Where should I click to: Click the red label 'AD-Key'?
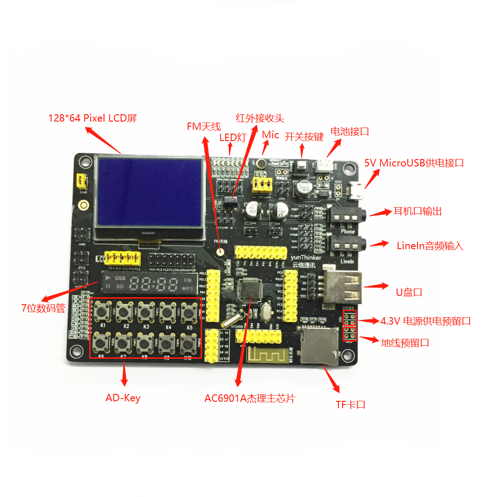(123, 398)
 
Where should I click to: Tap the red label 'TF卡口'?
(350, 405)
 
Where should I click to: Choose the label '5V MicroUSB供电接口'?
(414, 163)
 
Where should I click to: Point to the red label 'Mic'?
(270, 135)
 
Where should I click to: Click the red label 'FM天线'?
(204, 126)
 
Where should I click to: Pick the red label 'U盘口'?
(409, 292)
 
